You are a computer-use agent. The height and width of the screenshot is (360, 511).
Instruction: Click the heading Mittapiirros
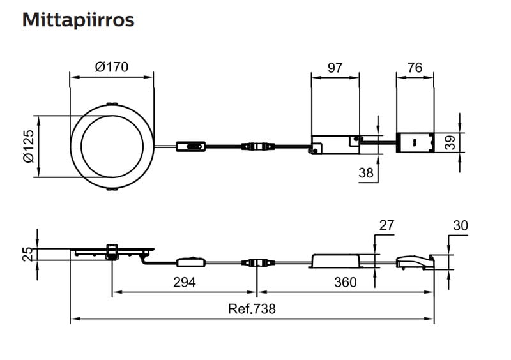click(78, 20)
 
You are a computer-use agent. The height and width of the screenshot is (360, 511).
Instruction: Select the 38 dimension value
click(365, 172)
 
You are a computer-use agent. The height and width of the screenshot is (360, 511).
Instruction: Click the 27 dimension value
click(387, 225)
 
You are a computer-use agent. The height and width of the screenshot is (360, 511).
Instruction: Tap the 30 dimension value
click(461, 225)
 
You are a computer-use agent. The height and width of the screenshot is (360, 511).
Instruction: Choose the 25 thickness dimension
click(27, 254)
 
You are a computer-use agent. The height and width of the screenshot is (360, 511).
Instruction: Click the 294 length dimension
click(184, 282)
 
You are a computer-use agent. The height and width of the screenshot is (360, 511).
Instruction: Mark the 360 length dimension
click(345, 282)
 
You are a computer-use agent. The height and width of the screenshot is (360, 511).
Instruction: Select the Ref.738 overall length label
click(252, 309)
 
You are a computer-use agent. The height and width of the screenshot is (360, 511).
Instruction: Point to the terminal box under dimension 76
click(416, 143)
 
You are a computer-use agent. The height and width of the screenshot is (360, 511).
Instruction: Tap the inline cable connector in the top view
click(256, 146)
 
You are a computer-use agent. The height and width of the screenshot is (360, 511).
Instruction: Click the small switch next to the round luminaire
click(191, 146)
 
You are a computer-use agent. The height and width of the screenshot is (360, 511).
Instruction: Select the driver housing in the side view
click(334, 260)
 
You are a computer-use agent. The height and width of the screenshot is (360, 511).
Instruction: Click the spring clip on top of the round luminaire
click(112, 104)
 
